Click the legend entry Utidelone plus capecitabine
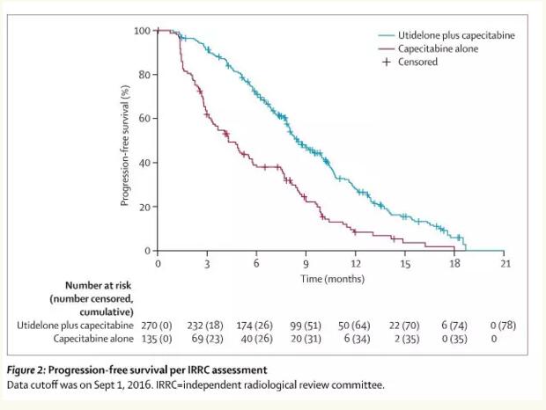[456, 35]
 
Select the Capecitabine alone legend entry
[439, 48]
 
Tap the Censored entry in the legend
[417, 62]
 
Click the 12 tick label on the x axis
[356, 264]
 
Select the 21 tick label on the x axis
[504, 264]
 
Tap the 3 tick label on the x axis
[207, 264]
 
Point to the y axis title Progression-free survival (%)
[125, 141]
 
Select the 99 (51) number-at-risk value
[305, 326]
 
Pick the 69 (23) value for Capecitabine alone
[207, 338]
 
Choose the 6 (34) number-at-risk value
[355, 338]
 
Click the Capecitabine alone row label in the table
[93, 338]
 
